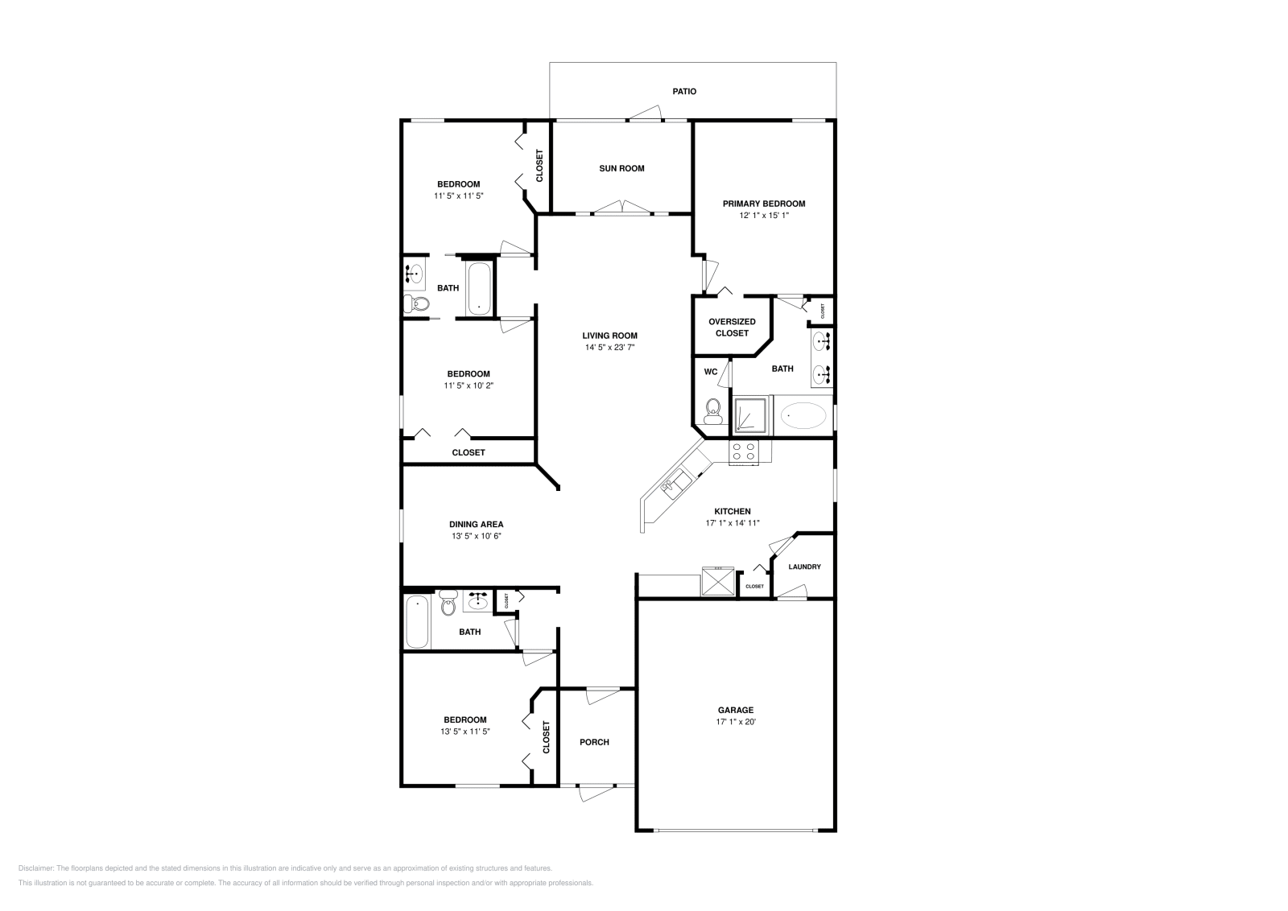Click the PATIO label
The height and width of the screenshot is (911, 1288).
[x=684, y=92]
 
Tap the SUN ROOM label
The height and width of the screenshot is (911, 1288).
[x=621, y=168]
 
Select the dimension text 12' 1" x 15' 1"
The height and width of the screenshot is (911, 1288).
[x=763, y=216]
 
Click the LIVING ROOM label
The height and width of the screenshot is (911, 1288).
[x=610, y=336]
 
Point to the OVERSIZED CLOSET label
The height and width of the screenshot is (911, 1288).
[x=732, y=327]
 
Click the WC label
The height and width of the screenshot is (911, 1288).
[x=711, y=372]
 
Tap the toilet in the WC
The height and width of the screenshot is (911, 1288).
[x=712, y=412]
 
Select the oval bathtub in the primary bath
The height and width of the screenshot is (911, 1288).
[x=803, y=416]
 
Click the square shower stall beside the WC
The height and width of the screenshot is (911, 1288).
[x=751, y=416]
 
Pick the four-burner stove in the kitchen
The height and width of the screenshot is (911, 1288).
[x=743, y=453]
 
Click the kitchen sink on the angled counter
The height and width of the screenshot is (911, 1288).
[x=675, y=484]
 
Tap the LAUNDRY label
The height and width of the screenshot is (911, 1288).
[x=804, y=567]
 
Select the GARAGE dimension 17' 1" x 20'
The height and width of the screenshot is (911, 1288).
[x=736, y=722]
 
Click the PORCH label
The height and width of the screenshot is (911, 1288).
[x=595, y=742]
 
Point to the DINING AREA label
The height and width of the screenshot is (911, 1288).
[x=477, y=524]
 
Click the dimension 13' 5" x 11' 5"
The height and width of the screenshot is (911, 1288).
[x=465, y=732]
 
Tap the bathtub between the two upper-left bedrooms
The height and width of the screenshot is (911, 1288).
[x=479, y=286]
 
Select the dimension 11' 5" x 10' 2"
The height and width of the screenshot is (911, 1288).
[x=469, y=385]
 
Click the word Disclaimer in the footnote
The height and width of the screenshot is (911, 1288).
[x=35, y=868]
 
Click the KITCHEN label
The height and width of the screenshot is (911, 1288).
[x=733, y=511]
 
